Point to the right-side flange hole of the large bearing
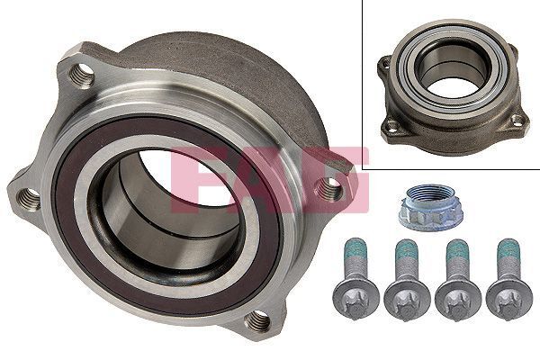tap(331, 188)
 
